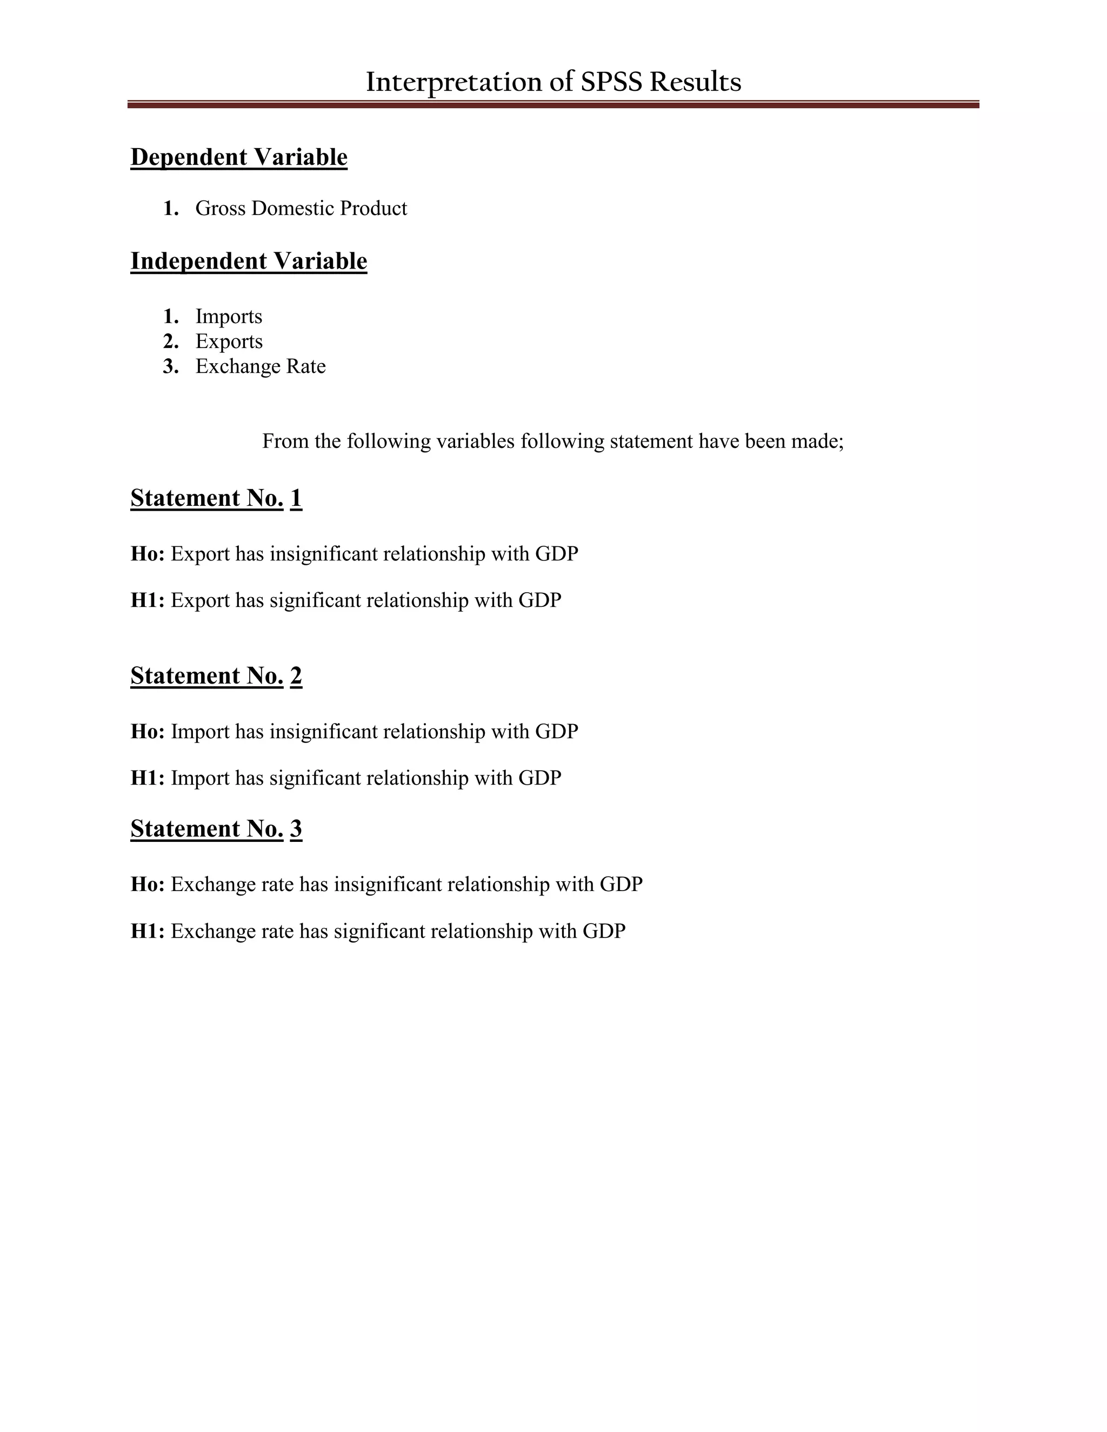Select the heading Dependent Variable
point(239,157)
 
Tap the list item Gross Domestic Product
point(301,209)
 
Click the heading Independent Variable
point(249,261)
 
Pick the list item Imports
point(228,317)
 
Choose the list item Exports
point(229,342)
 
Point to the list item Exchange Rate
point(261,366)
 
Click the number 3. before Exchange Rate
point(170,366)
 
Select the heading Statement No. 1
point(216,498)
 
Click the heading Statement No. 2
point(216,676)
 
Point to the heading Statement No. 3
point(216,829)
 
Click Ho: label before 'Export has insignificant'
point(148,554)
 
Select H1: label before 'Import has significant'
point(148,778)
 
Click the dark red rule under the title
point(553,104)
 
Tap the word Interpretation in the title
point(453,82)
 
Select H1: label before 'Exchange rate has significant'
point(148,932)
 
